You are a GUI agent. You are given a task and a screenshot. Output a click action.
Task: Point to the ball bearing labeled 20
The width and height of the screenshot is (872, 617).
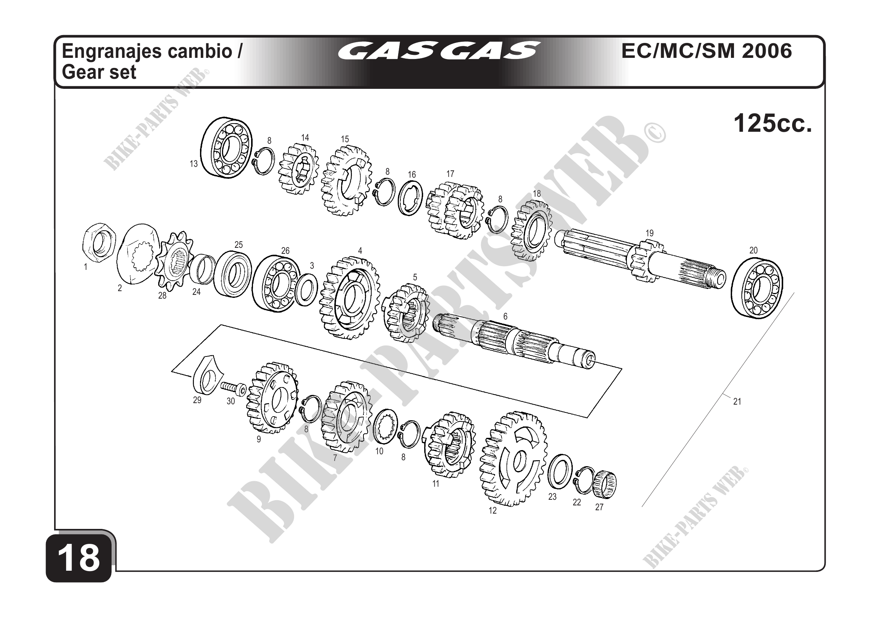point(757,286)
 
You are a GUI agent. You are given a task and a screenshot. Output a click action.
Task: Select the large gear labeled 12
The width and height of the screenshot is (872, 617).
point(513,459)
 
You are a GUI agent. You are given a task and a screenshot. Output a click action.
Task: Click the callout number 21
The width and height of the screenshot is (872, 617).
point(737,401)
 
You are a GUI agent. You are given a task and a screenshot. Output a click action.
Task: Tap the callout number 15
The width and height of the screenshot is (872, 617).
point(344,139)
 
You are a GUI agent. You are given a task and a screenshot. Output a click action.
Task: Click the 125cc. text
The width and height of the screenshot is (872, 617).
point(772,124)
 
